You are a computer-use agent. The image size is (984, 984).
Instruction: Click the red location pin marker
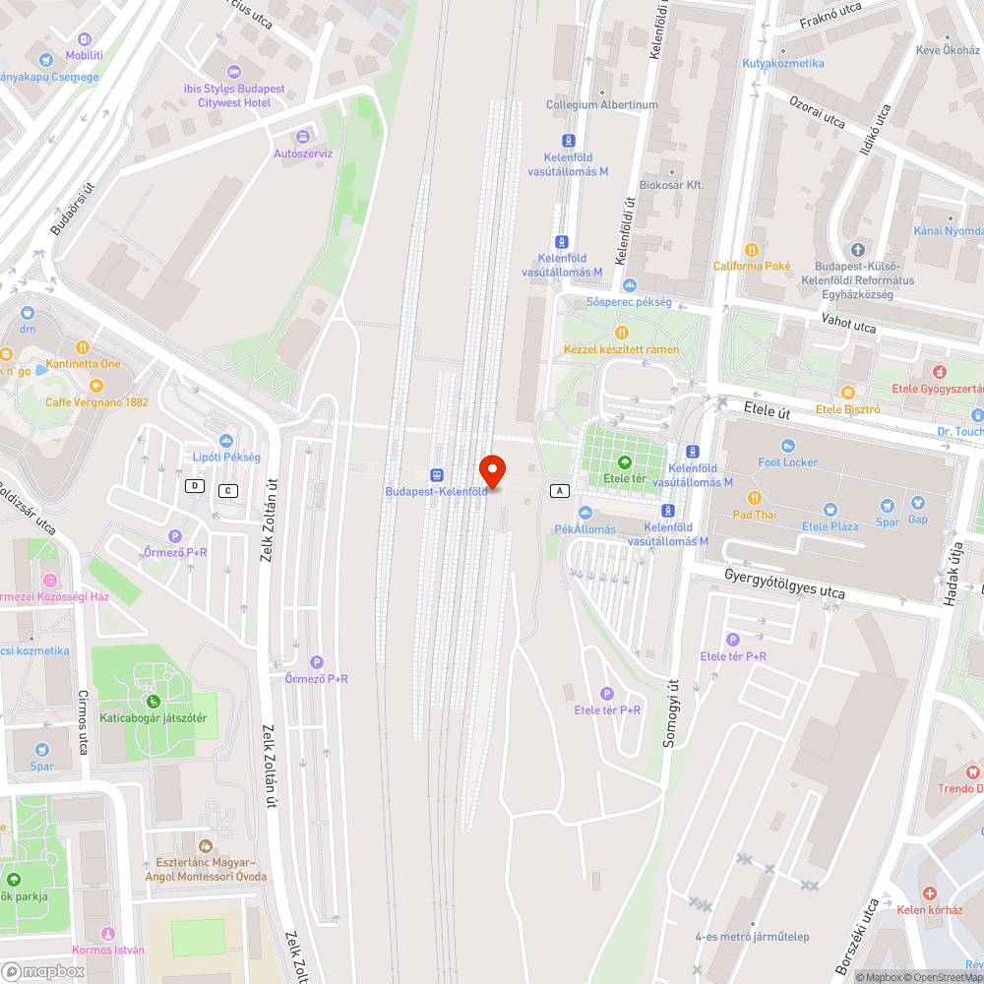[x=491, y=471]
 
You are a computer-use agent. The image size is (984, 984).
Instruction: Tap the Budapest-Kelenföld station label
[x=436, y=491]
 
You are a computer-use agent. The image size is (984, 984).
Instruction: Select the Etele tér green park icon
[x=622, y=461]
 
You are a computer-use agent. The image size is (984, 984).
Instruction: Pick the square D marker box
[x=196, y=486]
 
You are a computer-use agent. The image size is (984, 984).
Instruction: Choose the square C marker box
[x=228, y=490]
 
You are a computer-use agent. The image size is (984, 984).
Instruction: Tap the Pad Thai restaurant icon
[x=755, y=497]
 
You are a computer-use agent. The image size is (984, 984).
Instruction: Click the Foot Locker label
[x=787, y=461]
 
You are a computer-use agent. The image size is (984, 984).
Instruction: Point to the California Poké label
[x=752, y=266]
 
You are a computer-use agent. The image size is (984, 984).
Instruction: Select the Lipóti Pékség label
[x=226, y=457]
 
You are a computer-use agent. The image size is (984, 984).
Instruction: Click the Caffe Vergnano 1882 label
[x=96, y=401]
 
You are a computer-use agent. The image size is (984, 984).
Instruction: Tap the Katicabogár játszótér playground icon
[x=154, y=701]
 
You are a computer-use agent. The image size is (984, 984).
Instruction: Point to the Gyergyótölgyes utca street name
[x=783, y=584]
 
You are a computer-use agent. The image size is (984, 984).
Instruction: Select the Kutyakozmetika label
[x=783, y=63]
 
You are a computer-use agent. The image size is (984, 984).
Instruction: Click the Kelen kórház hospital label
[x=929, y=909]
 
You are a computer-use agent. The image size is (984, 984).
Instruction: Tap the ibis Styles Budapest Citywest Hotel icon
[x=233, y=71]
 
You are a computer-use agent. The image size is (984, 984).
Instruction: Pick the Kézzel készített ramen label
[x=621, y=349]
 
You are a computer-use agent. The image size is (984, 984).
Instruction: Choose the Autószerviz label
[x=303, y=154]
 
